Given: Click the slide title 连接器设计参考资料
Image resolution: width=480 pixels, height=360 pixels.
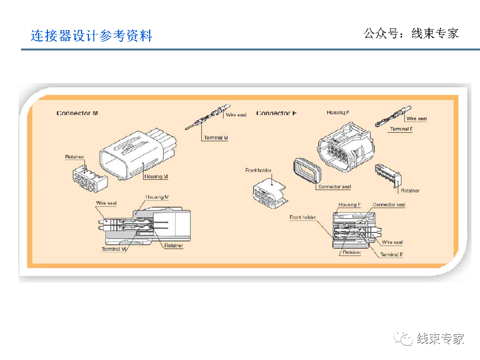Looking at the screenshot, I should (91, 36).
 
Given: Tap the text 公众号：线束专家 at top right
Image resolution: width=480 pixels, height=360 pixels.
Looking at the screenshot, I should (411, 33).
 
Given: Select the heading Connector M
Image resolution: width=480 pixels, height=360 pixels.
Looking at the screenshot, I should (77, 113).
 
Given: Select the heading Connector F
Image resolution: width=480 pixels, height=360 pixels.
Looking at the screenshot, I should (276, 113).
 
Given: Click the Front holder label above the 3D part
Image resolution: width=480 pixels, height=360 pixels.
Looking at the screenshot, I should (258, 170).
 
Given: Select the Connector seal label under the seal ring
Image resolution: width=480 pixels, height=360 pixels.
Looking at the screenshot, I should (334, 187).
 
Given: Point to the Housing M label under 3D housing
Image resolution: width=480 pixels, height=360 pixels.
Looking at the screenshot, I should (156, 177).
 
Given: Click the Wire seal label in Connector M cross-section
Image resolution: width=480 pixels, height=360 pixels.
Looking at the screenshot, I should (106, 203).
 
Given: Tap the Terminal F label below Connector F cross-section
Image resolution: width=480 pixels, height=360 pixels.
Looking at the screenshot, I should (391, 255).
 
